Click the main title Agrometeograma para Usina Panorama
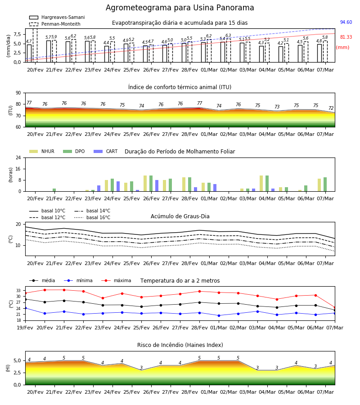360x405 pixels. coord(180,8)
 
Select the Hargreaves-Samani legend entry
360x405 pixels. coord(57,17)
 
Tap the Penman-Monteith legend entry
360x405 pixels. coord(55,24)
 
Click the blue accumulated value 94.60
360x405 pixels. coord(346,22)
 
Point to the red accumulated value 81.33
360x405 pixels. coord(346,37)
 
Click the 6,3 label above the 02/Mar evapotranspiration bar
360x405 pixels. coord(228,36)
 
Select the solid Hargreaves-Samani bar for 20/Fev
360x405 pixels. coord(29,53)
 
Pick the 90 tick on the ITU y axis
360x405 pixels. coord(18,93)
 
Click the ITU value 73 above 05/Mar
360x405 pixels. coord(277,107)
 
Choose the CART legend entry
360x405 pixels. coord(106,151)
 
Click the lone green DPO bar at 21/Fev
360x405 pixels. coord(54,190)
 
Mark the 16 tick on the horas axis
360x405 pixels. coord(18,169)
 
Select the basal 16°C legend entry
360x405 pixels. coord(92,217)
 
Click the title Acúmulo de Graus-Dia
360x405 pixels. coord(180,216)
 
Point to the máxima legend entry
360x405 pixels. coord(116,280)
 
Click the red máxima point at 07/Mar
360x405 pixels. coord(335,308)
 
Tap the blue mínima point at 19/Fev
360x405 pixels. coord(25,308)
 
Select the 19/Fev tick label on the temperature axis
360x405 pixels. coord(25,328)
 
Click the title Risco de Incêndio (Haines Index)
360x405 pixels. coord(180,345)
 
